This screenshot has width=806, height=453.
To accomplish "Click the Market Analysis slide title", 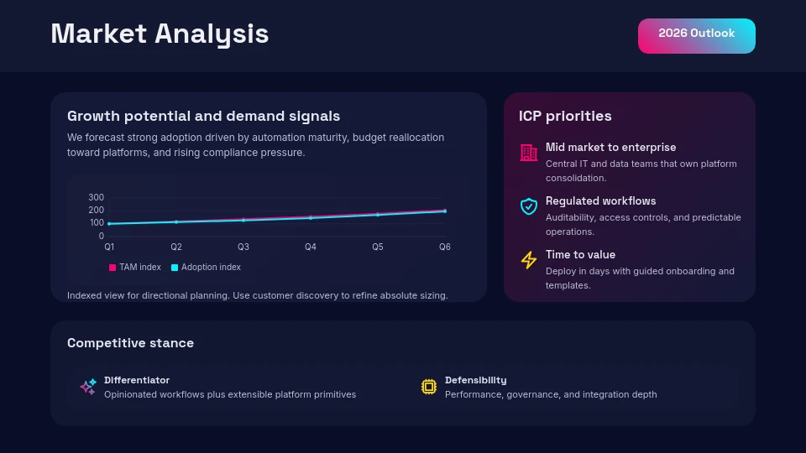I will click(x=160, y=34).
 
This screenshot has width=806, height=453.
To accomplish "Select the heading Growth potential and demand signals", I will click(x=203, y=116).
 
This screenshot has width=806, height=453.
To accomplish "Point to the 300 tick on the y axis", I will click(x=96, y=197).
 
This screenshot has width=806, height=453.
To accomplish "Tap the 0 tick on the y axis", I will click(x=101, y=236).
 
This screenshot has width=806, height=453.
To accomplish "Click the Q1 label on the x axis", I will click(x=109, y=247).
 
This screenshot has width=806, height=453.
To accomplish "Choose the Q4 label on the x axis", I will click(x=311, y=247).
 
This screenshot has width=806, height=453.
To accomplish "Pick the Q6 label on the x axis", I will click(x=445, y=247).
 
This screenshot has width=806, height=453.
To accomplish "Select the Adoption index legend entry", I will click(x=206, y=268).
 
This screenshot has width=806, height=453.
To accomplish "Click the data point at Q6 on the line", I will click(x=445, y=211).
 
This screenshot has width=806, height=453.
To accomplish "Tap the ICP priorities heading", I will click(x=565, y=116).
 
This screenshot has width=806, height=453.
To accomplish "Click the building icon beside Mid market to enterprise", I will click(x=529, y=153).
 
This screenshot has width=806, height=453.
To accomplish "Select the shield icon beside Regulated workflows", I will click(x=529, y=206).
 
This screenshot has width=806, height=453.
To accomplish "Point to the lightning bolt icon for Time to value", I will click(x=529, y=260).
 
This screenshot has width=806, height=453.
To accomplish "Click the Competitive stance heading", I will click(x=130, y=343).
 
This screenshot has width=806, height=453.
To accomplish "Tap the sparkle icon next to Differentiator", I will click(x=88, y=387).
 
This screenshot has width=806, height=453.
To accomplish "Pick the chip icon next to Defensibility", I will click(x=429, y=387).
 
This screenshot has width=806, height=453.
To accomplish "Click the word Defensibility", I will click(x=475, y=380).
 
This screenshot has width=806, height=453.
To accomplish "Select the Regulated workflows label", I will click(x=600, y=201).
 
